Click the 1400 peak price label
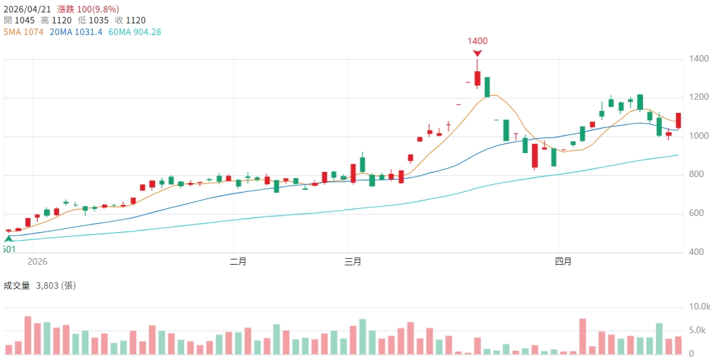(x=478, y=41)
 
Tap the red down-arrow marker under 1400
(x=477, y=53)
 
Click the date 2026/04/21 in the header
(x=27, y=8)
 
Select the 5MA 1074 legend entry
(x=23, y=31)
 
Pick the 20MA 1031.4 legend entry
(x=75, y=31)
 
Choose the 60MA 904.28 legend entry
(x=134, y=31)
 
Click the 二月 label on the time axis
(x=238, y=262)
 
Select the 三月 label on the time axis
(x=352, y=262)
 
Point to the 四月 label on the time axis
(x=563, y=262)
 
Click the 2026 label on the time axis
(x=38, y=262)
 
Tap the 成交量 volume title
(x=17, y=285)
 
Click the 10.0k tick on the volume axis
(x=700, y=306)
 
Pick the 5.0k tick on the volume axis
(x=698, y=330)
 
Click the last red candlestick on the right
(x=679, y=120)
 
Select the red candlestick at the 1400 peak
(x=477, y=78)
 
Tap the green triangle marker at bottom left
(x=8, y=239)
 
